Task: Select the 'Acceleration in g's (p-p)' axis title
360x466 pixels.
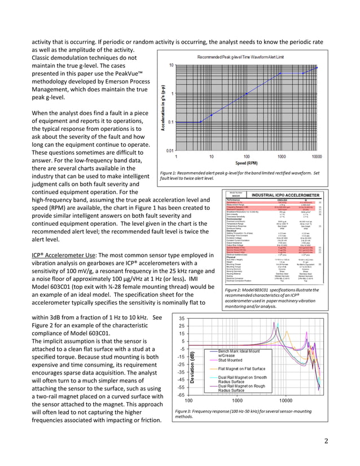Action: [x=163, y=107]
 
